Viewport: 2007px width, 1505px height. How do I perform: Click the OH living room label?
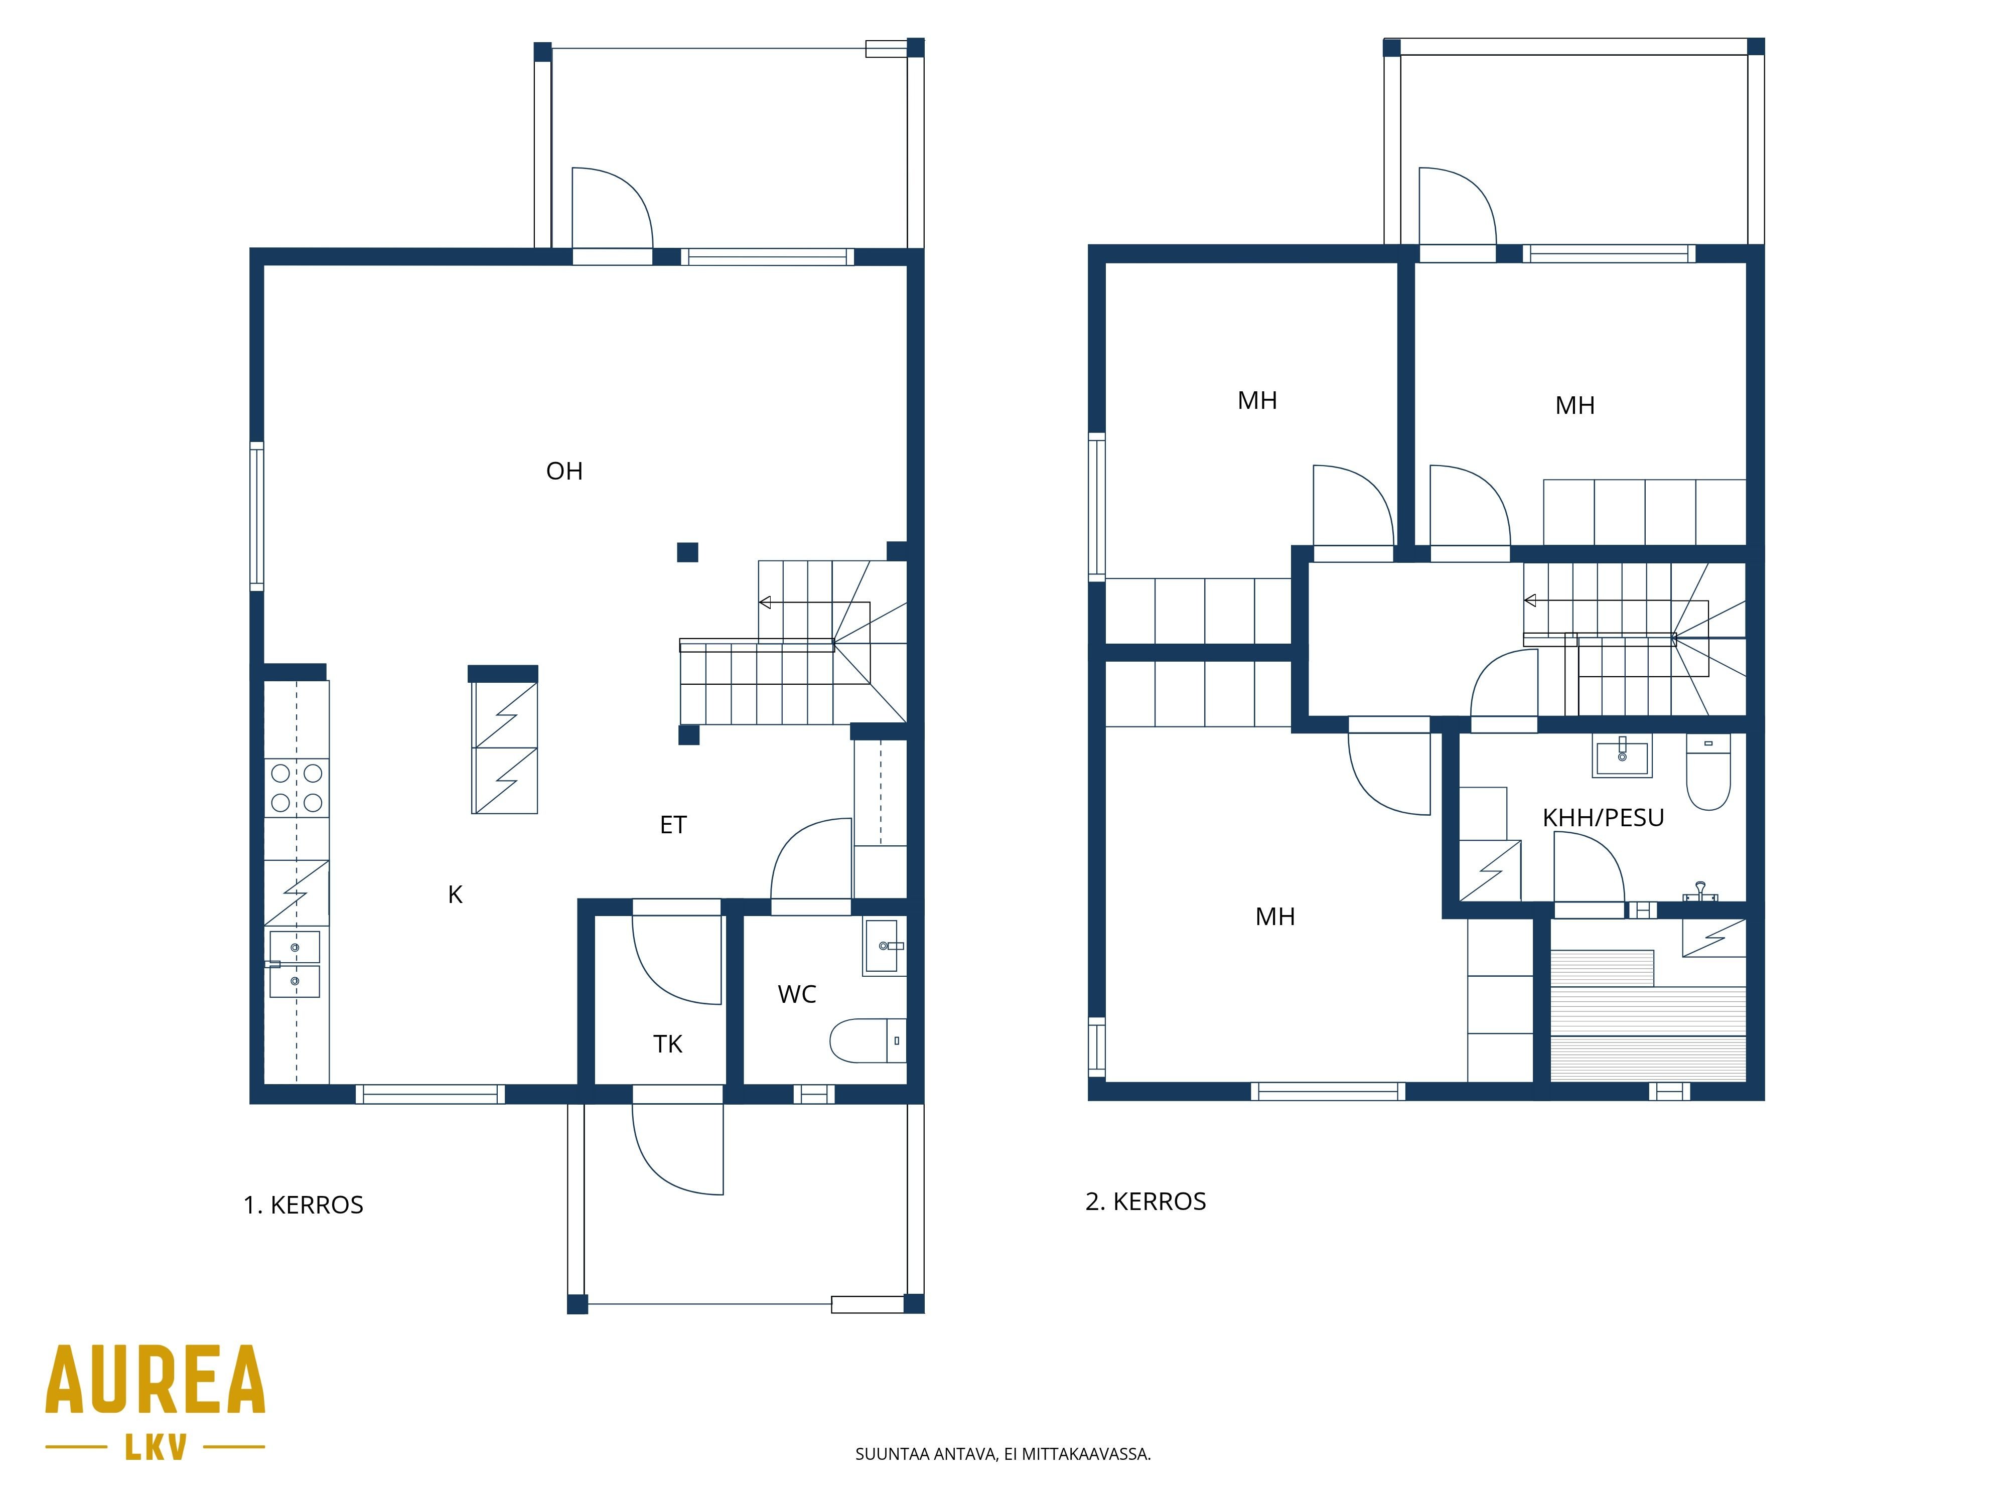pos(564,471)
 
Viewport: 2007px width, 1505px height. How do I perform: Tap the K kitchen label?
pos(456,894)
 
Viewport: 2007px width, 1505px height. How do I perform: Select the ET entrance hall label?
pos(673,825)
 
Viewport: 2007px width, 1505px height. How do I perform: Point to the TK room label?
pos(668,1044)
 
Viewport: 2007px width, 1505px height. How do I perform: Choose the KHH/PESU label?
pos(1603,817)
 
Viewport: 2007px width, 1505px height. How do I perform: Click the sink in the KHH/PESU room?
pos(1622,755)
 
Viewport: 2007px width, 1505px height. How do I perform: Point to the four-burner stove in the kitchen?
pos(297,788)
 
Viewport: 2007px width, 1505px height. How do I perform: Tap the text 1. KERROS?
pos(303,1205)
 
